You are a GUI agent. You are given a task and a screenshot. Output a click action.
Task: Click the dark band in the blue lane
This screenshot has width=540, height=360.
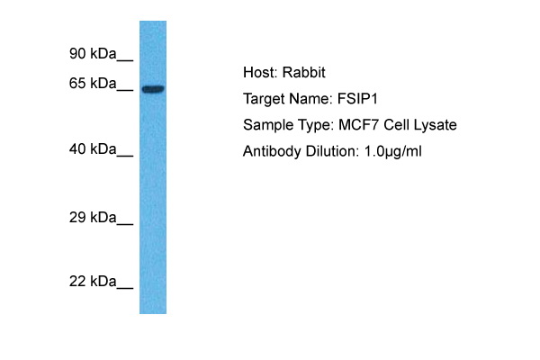(x=153, y=88)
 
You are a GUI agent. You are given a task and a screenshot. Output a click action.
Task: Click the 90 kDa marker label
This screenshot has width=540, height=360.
(x=94, y=54)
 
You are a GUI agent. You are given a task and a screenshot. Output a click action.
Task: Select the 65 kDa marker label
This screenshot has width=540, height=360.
(x=94, y=84)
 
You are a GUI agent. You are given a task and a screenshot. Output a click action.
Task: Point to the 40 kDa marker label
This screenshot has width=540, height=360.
(x=94, y=148)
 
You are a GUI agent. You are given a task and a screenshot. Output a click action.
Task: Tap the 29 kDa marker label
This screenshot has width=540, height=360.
(x=94, y=218)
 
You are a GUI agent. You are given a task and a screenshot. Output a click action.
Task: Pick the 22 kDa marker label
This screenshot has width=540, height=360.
(x=94, y=282)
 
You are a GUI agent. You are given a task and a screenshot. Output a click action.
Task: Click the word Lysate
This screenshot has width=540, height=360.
(x=434, y=125)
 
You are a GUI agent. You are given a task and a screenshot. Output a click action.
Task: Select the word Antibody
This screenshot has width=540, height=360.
(x=271, y=151)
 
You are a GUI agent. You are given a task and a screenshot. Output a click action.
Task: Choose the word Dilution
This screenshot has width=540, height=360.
(x=329, y=151)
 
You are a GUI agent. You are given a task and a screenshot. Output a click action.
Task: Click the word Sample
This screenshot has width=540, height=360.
(x=266, y=125)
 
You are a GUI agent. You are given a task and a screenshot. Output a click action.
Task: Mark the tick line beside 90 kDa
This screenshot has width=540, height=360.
(x=125, y=60)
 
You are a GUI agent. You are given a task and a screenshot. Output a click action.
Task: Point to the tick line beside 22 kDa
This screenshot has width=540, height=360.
(x=125, y=288)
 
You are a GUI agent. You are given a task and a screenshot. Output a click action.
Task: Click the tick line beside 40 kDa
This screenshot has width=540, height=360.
(x=125, y=155)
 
